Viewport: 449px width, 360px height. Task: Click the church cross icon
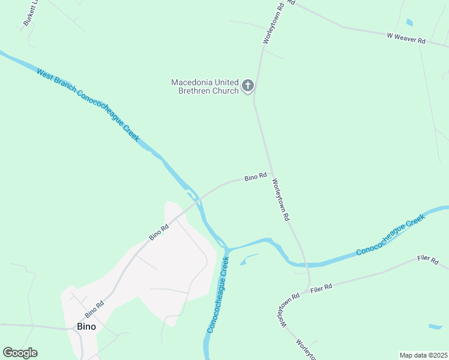[247, 86]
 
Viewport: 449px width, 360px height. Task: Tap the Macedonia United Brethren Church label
[205, 86]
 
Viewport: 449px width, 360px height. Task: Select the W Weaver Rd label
[406, 37]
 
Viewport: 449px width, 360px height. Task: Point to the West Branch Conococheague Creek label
[88, 105]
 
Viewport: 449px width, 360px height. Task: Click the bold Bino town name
[86, 327]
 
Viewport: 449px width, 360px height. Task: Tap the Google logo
[20, 353]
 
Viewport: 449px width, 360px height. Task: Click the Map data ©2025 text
[423, 355]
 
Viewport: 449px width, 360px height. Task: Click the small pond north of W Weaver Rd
[409, 23]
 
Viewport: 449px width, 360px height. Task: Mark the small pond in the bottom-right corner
[436, 327]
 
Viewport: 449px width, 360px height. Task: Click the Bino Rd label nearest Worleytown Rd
[255, 178]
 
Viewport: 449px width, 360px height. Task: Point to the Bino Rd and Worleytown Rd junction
[272, 174]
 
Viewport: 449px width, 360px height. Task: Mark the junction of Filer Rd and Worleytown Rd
[308, 291]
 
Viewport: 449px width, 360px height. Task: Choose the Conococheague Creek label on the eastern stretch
[390, 235]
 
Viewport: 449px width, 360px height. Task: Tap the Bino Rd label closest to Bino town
[94, 309]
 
